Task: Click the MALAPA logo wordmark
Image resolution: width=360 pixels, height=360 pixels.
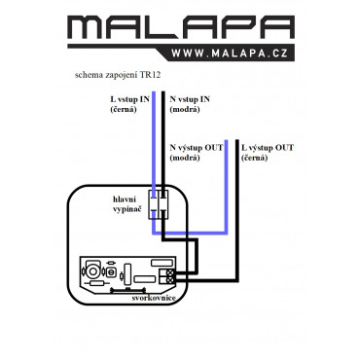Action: coord(181,27)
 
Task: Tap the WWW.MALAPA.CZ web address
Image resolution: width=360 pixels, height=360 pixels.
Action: coord(230,54)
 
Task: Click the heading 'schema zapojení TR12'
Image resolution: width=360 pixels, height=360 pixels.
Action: coord(118,75)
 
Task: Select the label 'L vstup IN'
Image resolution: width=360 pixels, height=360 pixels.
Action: coord(129,99)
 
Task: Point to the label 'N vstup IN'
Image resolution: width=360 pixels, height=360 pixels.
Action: coord(190,99)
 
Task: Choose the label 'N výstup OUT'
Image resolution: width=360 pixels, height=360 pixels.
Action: coord(197,148)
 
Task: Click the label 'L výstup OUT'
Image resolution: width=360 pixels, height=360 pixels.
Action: coord(268,148)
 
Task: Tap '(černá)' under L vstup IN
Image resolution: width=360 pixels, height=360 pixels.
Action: coord(124,109)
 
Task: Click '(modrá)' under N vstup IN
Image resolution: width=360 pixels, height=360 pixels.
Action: coord(185,109)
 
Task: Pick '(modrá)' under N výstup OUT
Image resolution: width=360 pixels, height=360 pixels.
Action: coord(185,158)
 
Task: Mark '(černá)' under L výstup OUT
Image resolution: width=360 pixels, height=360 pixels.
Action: coord(254,158)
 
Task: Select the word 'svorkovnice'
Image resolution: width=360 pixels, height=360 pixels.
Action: coord(154,298)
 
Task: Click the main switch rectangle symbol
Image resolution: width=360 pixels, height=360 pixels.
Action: coord(159,204)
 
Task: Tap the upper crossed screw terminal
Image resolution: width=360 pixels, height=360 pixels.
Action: coord(169,272)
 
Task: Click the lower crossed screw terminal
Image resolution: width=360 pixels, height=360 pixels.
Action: coord(169,279)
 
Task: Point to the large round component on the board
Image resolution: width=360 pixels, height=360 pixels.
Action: coord(92,270)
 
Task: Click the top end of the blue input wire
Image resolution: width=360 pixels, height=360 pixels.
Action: coord(154,92)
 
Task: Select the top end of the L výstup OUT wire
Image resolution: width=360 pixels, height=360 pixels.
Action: coord(237,141)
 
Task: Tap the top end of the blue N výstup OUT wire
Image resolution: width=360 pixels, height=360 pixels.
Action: coord(226,141)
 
